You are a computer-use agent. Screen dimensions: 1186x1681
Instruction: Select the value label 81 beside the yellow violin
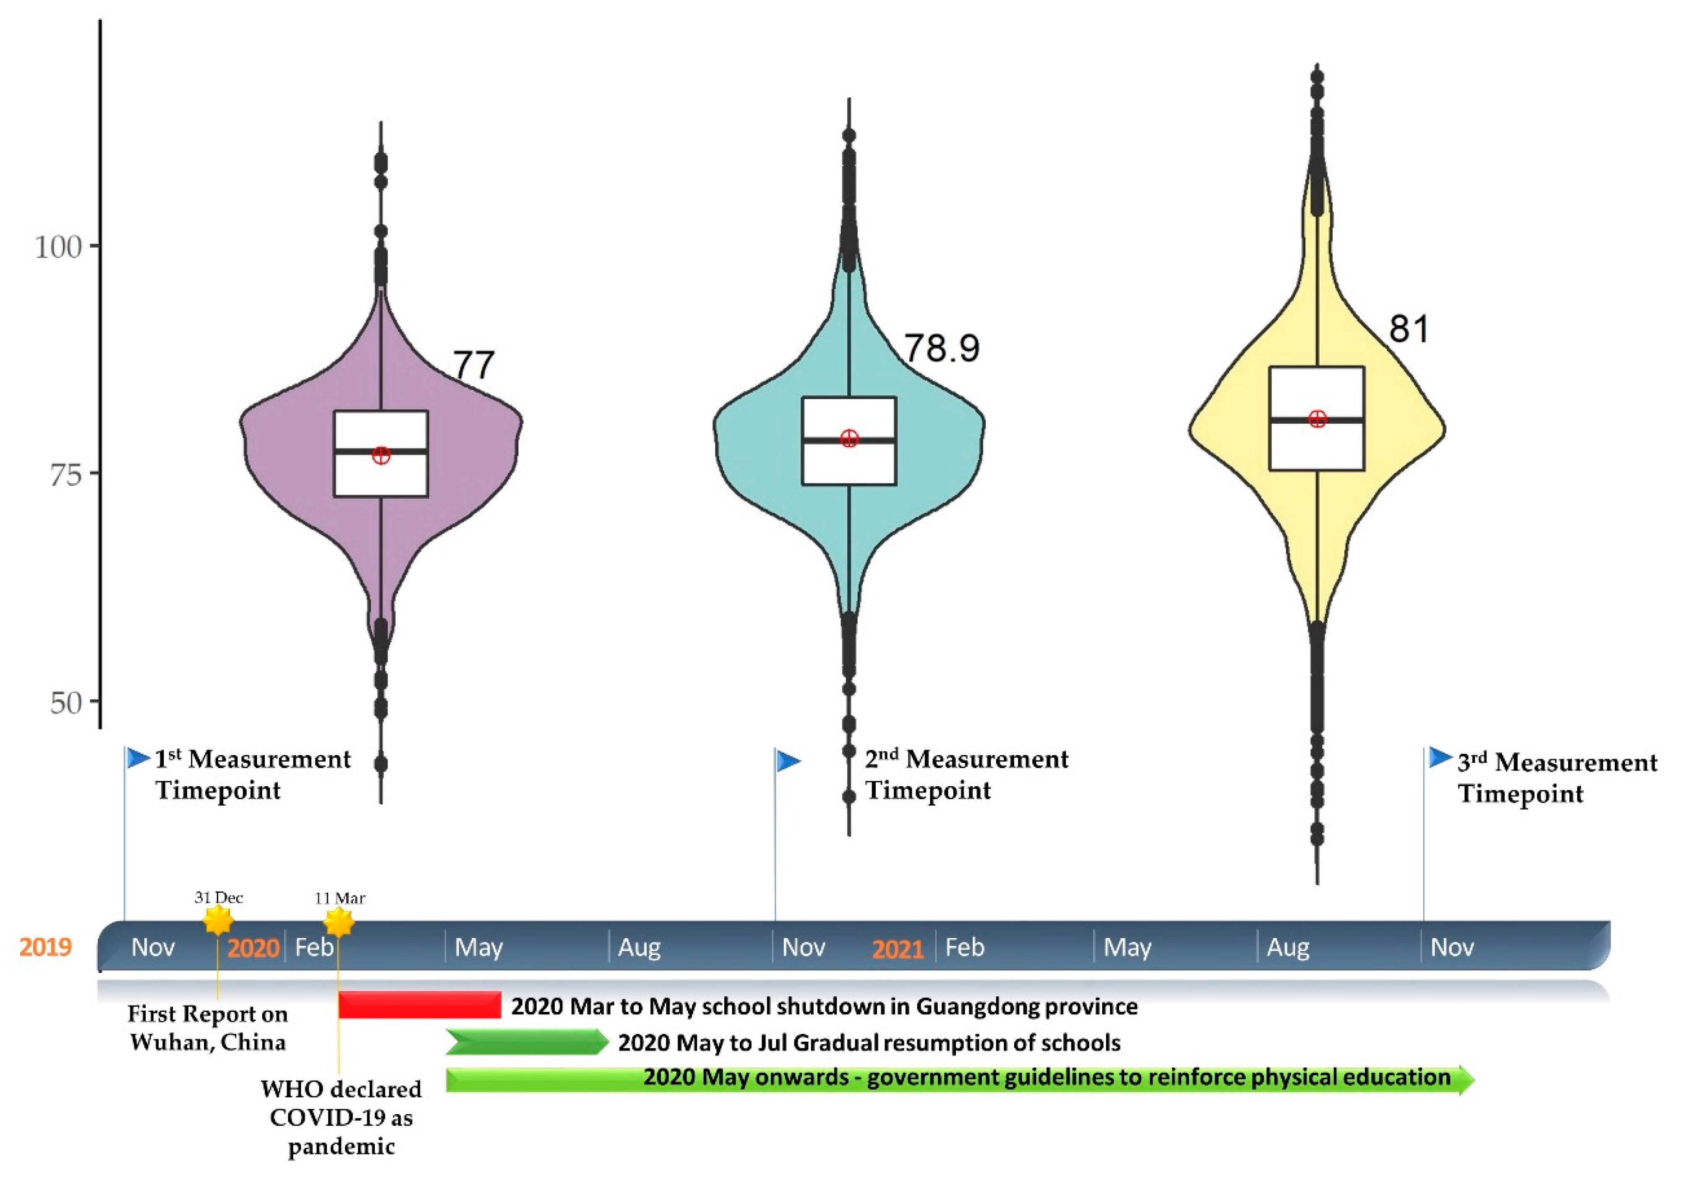tap(1409, 329)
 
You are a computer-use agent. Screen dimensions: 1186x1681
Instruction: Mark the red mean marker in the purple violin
tap(381, 455)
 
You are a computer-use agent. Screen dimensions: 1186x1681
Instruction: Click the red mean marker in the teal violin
tap(848, 438)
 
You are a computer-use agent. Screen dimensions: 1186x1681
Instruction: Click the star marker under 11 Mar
tap(338, 923)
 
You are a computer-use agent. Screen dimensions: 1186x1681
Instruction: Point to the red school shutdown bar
tap(420, 1005)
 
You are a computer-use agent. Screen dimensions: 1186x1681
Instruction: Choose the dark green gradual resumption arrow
tap(526, 1042)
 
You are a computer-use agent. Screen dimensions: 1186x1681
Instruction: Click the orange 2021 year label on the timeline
tap(898, 949)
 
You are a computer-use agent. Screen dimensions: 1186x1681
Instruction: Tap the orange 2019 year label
tap(45, 947)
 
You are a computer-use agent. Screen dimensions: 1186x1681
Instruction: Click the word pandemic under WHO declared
tap(341, 1147)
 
